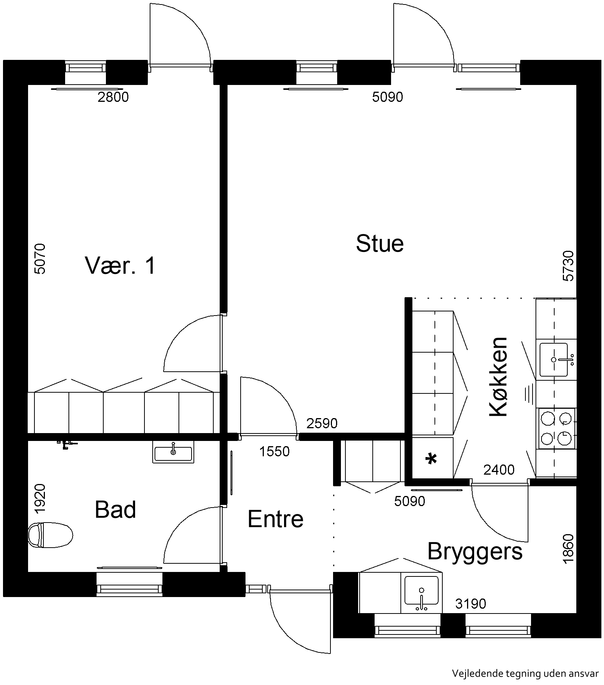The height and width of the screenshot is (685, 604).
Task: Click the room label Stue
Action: click(x=380, y=244)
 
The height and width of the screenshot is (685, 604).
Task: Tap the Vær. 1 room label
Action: click(x=120, y=265)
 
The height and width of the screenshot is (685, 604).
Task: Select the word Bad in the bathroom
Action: click(x=115, y=509)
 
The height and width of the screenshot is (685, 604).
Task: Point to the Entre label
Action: click(x=275, y=519)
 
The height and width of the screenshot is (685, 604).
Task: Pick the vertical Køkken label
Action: click(x=498, y=377)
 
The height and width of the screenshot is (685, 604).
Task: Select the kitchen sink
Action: click(x=554, y=360)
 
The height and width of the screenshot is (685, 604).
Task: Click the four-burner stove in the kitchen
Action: click(x=556, y=429)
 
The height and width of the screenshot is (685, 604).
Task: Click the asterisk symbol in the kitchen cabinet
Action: click(x=432, y=459)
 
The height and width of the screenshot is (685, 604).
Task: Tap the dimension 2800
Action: click(x=113, y=97)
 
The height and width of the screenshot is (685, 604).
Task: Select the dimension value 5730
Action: click(x=568, y=266)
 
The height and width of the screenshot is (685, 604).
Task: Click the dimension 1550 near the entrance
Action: click(x=275, y=452)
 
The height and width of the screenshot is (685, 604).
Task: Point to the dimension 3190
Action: click(x=471, y=604)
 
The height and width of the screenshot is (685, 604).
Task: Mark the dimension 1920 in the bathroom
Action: click(x=40, y=499)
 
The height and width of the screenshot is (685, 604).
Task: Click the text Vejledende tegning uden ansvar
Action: click(x=525, y=674)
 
